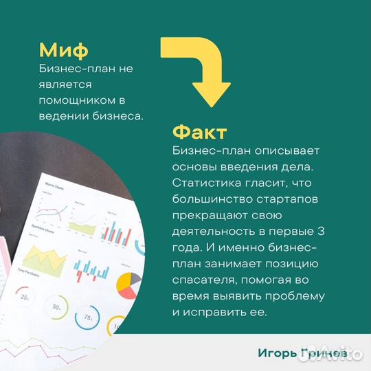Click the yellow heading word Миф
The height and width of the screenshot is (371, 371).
(x=63, y=50)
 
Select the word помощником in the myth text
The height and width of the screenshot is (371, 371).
(x=74, y=100)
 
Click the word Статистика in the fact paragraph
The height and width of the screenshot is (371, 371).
(x=205, y=183)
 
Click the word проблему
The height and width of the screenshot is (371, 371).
(x=296, y=296)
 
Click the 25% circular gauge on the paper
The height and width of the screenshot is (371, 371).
(x=25, y=297)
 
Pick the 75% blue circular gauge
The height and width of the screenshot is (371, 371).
(x=88, y=317)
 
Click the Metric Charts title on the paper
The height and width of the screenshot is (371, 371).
(x=55, y=185)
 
